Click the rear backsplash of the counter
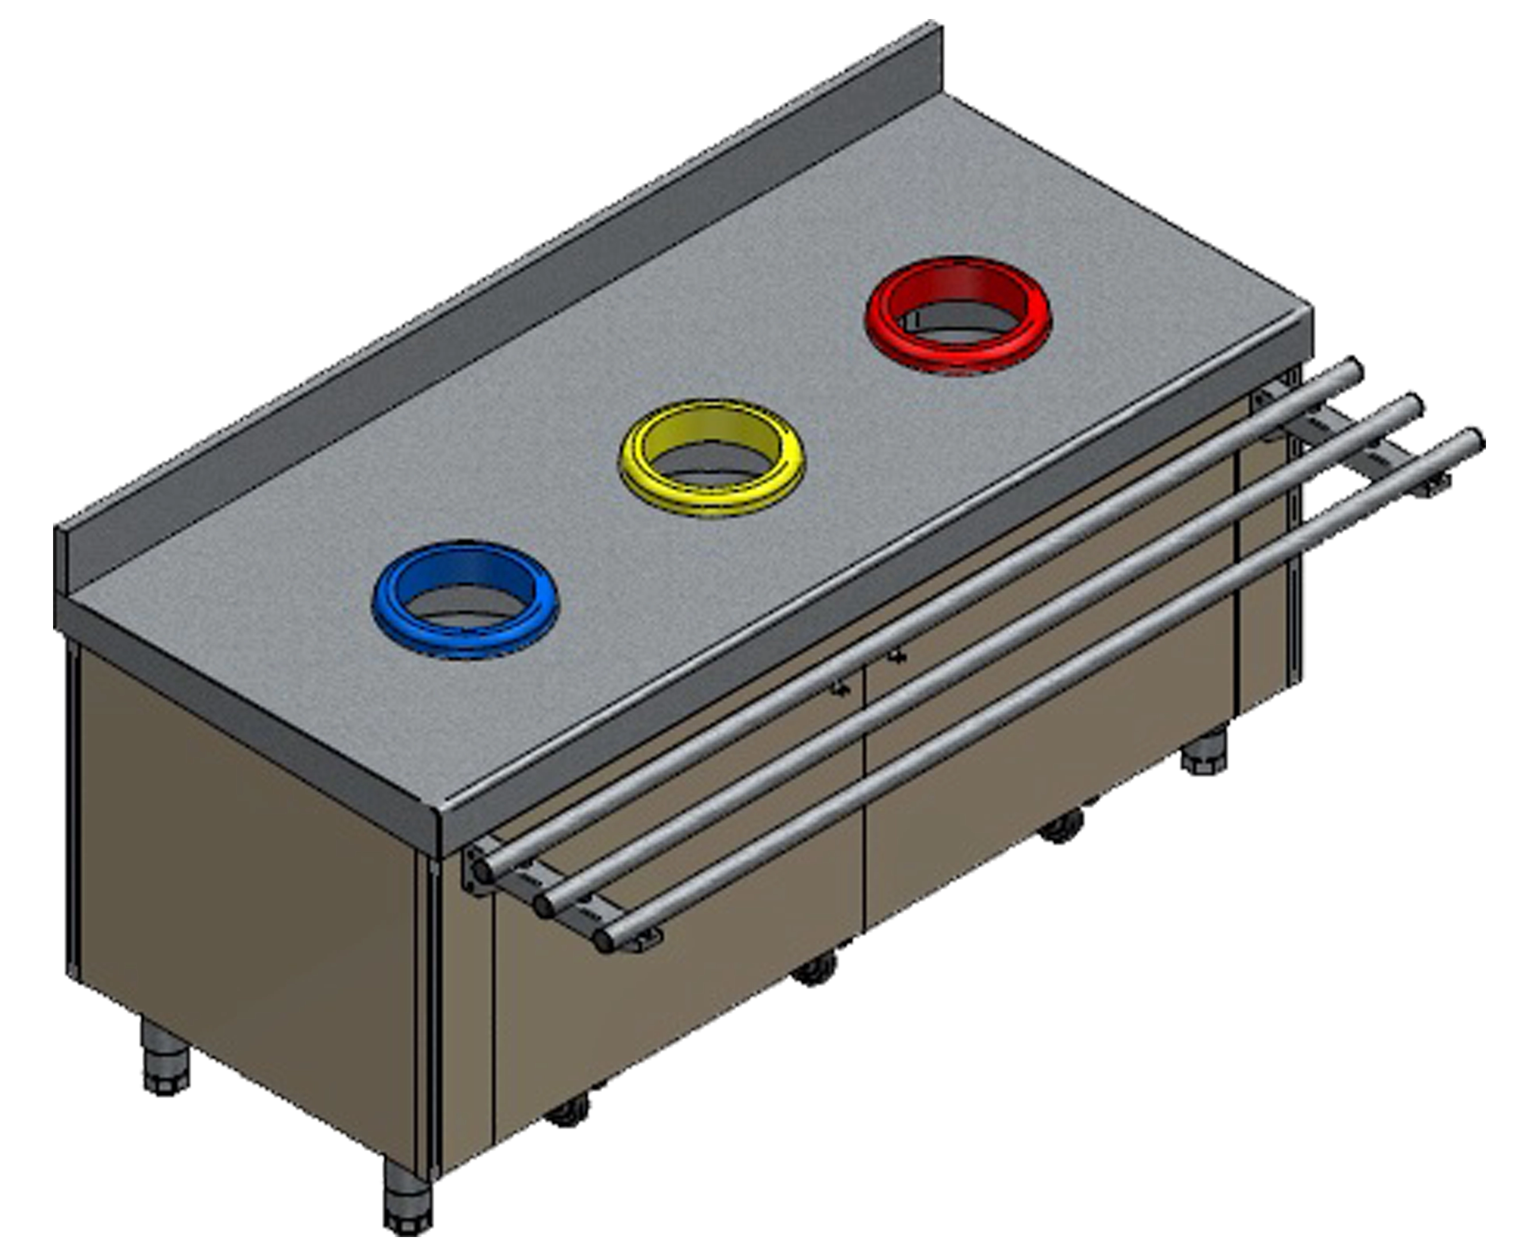[x=506, y=304]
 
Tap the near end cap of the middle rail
[x=544, y=904]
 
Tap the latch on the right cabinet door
[x=898, y=655]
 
